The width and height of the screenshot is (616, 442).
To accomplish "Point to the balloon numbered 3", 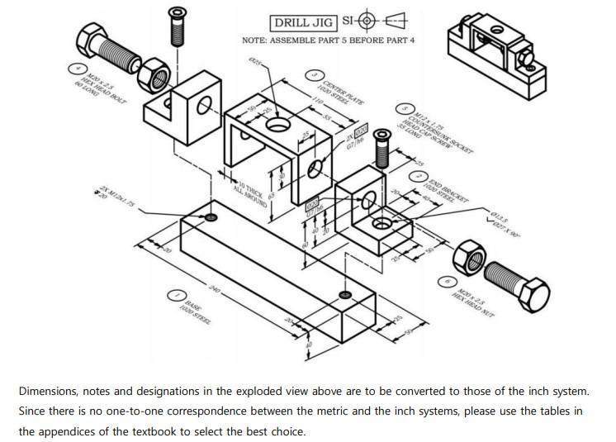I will click(314, 76).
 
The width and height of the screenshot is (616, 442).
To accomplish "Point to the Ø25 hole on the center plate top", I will click(277, 125).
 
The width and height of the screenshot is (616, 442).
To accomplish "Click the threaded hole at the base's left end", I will click(211, 217).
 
